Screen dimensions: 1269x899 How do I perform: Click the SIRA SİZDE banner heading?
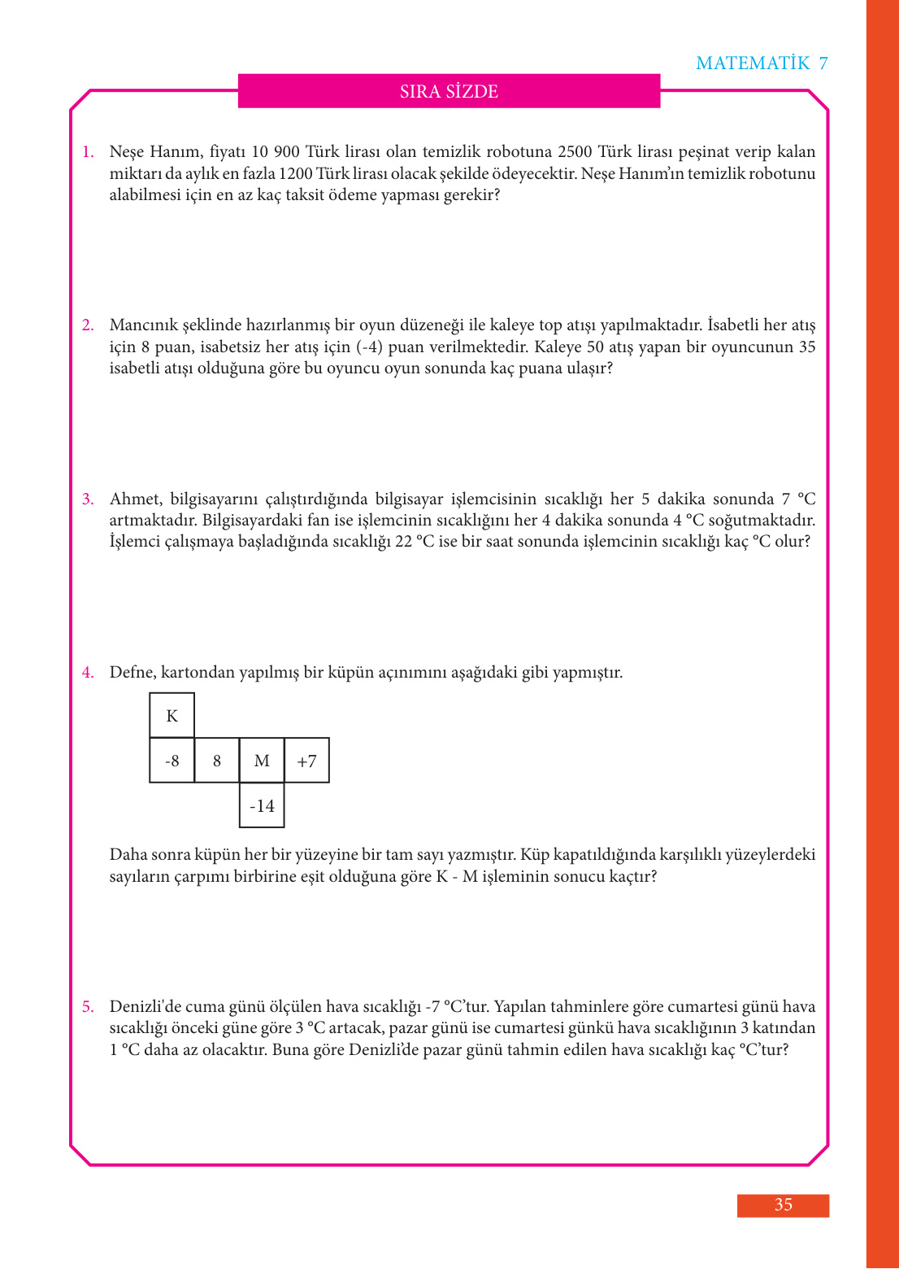[x=449, y=92]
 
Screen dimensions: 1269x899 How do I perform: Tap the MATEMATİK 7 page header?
[x=762, y=63]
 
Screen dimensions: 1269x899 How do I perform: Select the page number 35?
[x=783, y=1205]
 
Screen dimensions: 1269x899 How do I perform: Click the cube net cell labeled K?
[x=172, y=716]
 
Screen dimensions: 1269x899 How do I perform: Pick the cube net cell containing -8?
[x=172, y=761]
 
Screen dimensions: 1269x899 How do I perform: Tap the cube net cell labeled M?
[x=262, y=761]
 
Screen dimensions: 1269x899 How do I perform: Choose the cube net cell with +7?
[x=306, y=761]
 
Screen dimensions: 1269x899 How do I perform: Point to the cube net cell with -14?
[x=262, y=806]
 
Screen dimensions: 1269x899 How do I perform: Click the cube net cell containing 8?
[x=217, y=761]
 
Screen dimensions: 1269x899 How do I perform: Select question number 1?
[x=88, y=152]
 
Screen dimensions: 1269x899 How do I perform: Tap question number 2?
[x=88, y=325]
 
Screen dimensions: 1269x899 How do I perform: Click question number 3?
[x=88, y=499]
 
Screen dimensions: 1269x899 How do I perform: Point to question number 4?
[x=88, y=673]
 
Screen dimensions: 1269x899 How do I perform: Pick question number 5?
[x=88, y=1007]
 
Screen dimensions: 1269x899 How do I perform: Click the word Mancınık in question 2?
[x=143, y=325]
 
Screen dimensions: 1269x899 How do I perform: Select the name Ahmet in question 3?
[x=136, y=499]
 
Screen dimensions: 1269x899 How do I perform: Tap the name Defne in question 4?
[x=132, y=673]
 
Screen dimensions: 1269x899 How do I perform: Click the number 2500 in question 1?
[x=575, y=152]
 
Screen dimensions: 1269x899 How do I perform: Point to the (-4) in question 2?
[x=370, y=347]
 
